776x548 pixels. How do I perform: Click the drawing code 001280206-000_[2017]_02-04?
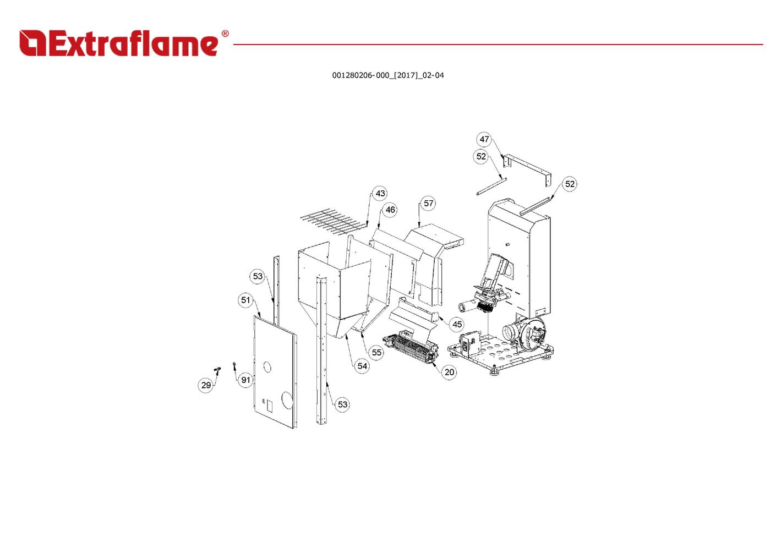coord(388,75)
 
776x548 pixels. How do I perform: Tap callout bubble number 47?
coord(484,139)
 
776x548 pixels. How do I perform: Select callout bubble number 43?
coord(380,193)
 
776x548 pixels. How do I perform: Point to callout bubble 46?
coord(390,210)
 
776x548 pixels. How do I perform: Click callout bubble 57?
coord(428,204)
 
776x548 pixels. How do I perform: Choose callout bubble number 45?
coord(457,324)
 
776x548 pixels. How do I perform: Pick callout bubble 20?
coord(449,372)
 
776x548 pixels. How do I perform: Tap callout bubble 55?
coord(376,353)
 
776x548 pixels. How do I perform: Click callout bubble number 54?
coord(362,366)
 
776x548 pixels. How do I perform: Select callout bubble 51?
coord(245,300)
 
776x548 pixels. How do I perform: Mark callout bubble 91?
coord(245,380)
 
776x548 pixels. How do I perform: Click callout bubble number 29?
coord(206,385)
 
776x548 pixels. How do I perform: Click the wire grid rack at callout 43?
coord(334,221)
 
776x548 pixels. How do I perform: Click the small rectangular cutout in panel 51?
coord(270,407)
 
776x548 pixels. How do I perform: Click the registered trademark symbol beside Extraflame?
coord(225,34)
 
